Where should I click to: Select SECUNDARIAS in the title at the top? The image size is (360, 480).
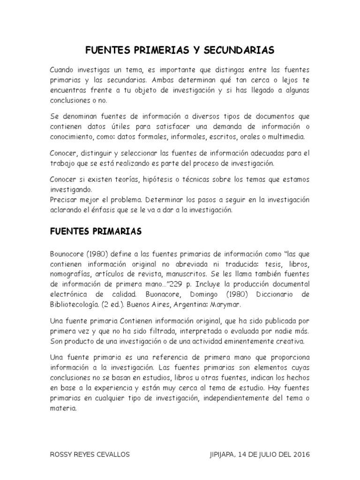(x=240, y=50)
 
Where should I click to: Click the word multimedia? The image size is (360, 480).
(x=286, y=137)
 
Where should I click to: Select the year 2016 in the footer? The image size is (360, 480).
(x=300, y=455)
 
